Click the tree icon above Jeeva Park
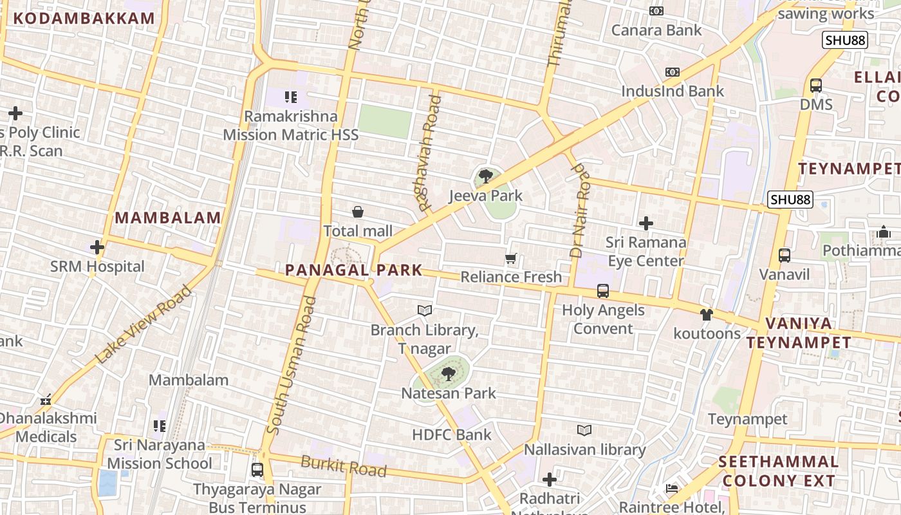(x=486, y=176)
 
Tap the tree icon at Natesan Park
(x=449, y=373)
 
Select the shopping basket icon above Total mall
(x=358, y=212)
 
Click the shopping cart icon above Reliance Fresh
(x=511, y=258)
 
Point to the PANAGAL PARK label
(x=353, y=270)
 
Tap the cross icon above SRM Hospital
(x=97, y=247)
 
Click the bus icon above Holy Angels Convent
(x=603, y=291)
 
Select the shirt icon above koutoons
(x=707, y=315)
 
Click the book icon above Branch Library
(x=424, y=311)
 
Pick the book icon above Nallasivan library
(x=584, y=430)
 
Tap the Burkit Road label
(x=344, y=466)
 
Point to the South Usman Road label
(x=292, y=365)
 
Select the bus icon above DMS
(x=816, y=85)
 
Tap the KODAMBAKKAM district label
(x=84, y=18)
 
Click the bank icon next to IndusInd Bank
(x=673, y=72)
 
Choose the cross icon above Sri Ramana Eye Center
(x=646, y=223)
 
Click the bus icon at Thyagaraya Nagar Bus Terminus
(x=257, y=470)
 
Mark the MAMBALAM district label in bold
(x=168, y=218)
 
